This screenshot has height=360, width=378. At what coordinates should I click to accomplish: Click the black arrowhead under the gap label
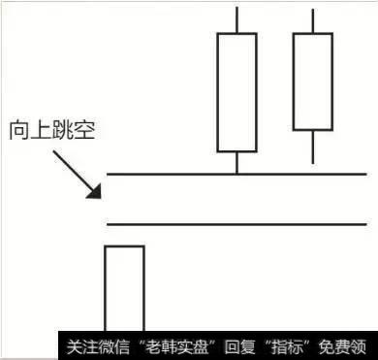pyautogui.click(x=95, y=189)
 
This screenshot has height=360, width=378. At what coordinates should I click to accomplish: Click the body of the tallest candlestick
pyautogui.click(x=236, y=92)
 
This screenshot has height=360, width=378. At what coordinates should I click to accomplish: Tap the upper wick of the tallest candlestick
pyautogui.click(x=236, y=19)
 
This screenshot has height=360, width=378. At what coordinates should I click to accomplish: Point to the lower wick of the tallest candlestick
pyautogui.click(x=236, y=162)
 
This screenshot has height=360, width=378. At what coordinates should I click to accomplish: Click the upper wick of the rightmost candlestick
pyautogui.click(x=312, y=20)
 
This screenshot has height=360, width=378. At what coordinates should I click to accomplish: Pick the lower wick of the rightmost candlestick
pyautogui.click(x=312, y=147)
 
